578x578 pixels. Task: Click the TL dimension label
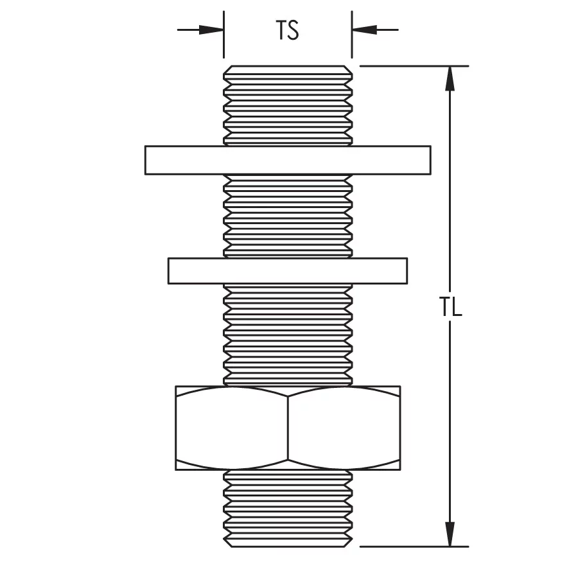pyautogui.click(x=450, y=307)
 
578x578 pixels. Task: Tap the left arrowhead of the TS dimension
pyautogui.click(x=211, y=30)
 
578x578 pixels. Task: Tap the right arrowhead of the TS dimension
pyautogui.click(x=364, y=30)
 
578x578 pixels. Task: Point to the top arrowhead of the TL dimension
pyautogui.click(x=450, y=78)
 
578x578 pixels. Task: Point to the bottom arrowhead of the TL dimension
pyautogui.click(x=450, y=534)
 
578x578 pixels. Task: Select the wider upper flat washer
pyautogui.click(x=288, y=160)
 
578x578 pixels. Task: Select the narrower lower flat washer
pyautogui.click(x=288, y=271)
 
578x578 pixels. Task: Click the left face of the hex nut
pyautogui.click(x=231, y=428)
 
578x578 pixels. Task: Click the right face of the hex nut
pyautogui.click(x=344, y=428)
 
